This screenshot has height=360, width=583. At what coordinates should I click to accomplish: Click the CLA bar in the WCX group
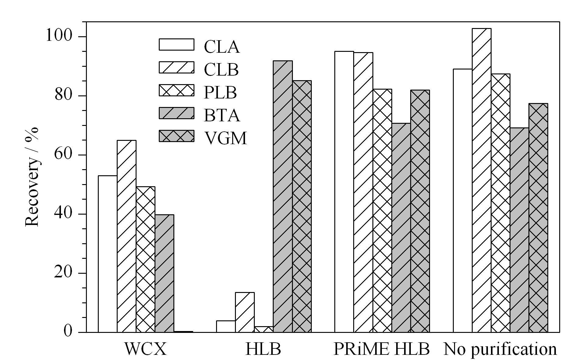(108, 254)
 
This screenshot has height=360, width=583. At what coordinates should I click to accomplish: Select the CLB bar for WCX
(126, 236)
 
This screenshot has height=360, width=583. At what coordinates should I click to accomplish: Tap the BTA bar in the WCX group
(165, 273)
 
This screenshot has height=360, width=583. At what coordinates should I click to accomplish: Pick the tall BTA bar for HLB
(283, 196)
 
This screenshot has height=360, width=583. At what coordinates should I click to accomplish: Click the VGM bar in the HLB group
(302, 206)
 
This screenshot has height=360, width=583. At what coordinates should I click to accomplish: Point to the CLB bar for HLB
(245, 312)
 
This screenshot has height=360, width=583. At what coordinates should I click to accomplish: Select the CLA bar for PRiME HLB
(344, 191)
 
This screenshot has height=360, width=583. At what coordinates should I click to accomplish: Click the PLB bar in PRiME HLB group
(382, 210)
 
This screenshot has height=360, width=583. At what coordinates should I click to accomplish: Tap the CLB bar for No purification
(482, 180)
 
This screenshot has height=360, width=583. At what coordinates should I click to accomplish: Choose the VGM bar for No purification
(538, 218)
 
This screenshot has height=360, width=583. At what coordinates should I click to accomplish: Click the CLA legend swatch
(176, 44)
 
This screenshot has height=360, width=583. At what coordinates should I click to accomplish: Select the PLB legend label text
(220, 93)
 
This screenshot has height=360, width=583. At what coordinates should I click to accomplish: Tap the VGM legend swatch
(176, 136)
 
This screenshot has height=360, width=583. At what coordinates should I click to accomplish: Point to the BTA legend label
(222, 116)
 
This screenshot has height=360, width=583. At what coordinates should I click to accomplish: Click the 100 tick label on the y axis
(59, 36)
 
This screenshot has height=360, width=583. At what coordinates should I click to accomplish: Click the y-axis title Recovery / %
(32, 177)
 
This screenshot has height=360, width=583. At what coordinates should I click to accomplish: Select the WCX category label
(145, 349)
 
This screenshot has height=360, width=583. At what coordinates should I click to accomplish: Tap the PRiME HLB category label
(381, 349)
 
